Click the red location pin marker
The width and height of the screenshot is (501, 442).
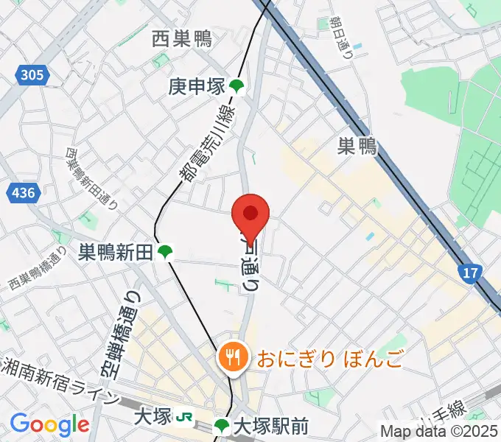pyautogui.click(x=251, y=215)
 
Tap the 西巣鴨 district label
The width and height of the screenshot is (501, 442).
pyautogui.click(x=182, y=39)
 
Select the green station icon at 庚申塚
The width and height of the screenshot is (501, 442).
pyautogui.click(x=237, y=87)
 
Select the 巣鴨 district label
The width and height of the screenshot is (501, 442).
pyautogui.click(x=357, y=147)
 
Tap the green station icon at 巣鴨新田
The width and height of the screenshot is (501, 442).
pyautogui.click(x=166, y=253)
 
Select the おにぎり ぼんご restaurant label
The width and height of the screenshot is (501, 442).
pyautogui.click(x=329, y=359)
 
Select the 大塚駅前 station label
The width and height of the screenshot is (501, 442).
pyautogui.click(x=270, y=426)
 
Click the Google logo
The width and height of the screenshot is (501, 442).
pyautogui.click(x=49, y=424)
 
